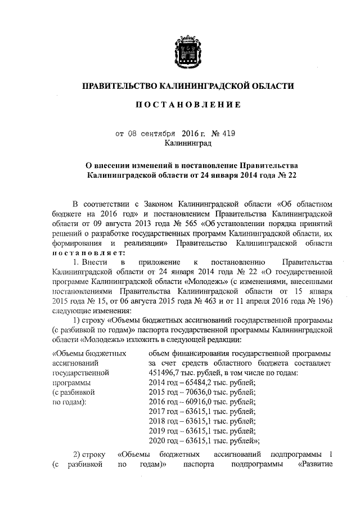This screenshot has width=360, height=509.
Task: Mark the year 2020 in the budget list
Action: tap(156, 440)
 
